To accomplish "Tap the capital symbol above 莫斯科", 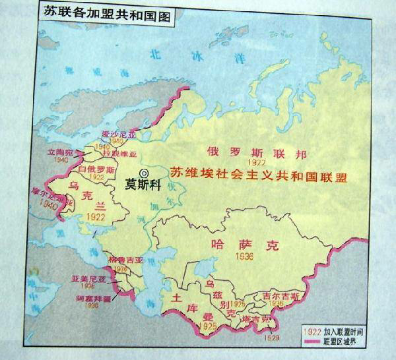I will click(145, 173).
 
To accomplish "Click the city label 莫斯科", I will click(145, 185).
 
